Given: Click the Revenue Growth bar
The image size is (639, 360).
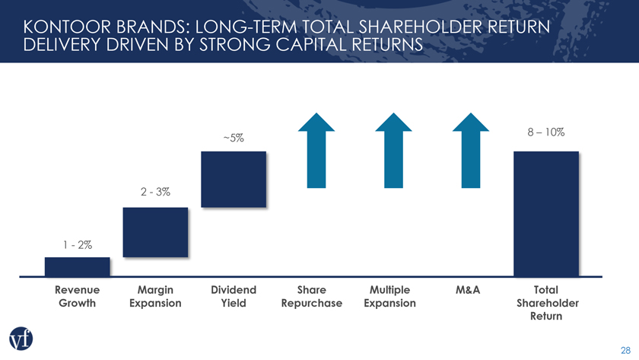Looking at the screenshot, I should pyautogui.click(x=78, y=266).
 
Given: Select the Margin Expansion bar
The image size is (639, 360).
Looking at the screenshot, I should pyautogui.click(x=155, y=233).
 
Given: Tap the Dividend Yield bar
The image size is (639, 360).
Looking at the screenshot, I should pyautogui.click(x=234, y=179).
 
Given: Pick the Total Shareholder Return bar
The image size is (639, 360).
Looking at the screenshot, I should pyautogui.click(x=546, y=214).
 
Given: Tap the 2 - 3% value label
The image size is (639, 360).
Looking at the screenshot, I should pyautogui.click(x=155, y=193).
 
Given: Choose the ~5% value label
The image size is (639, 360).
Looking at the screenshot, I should pyautogui.click(x=234, y=139).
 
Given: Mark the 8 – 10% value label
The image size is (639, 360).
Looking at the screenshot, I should pyautogui.click(x=545, y=132).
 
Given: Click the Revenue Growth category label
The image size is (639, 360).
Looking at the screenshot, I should pyautogui.click(x=78, y=297).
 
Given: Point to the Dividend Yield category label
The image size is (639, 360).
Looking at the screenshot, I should pyautogui.click(x=234, y=297).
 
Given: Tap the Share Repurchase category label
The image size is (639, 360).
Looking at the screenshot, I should pyautogui.click(x=312, y=297).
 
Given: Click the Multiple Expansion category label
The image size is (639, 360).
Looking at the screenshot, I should pyautogui.click(x=389, y=297).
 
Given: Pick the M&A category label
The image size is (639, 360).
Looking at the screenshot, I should pyautogui.click(x=467, y=290).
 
